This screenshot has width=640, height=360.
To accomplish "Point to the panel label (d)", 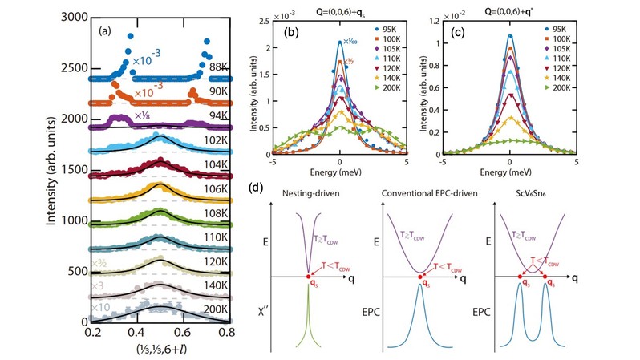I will click(x=254, y=191).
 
